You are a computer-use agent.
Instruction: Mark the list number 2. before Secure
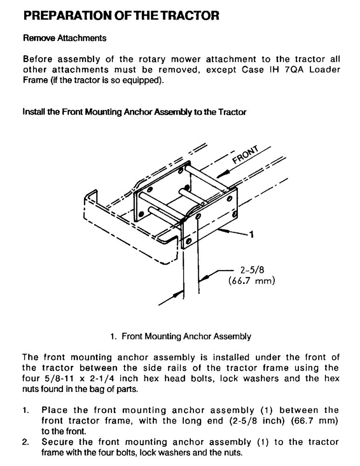26,441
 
